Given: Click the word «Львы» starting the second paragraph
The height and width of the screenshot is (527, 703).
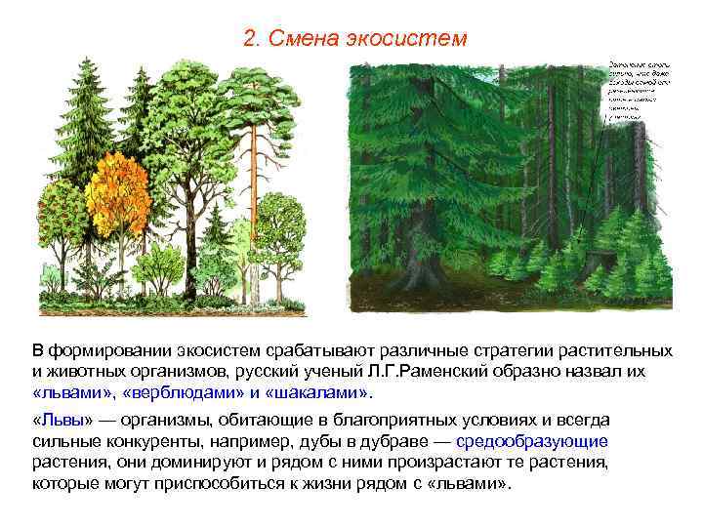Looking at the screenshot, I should pyautogui.click(x=61, y=420).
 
